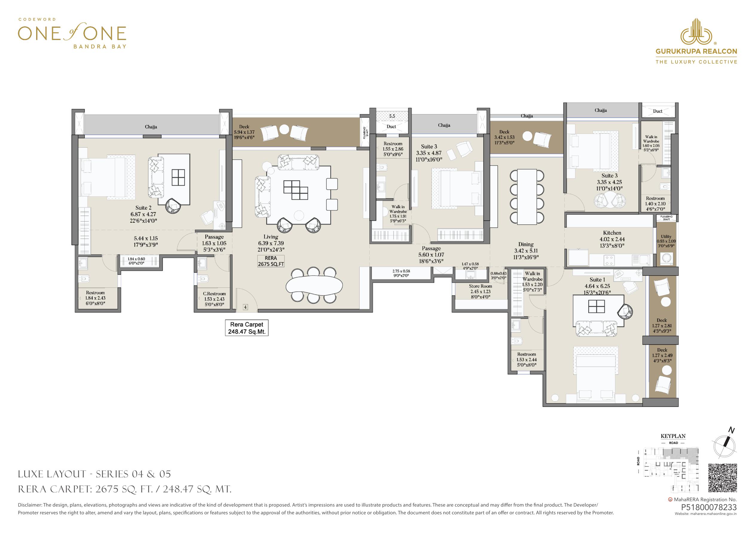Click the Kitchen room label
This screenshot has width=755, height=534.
tap(612, 233)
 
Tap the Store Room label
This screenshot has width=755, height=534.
tap(480, 286)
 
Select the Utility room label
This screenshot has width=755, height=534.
tap(666, 236)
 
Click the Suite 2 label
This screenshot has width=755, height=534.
tap(143, 208)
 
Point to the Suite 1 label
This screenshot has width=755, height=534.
tap(597, 280)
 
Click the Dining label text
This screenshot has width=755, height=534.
tap(526, 244)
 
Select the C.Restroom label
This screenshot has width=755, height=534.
tap(214, 294)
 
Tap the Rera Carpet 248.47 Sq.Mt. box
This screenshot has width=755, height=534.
tap(247, 328)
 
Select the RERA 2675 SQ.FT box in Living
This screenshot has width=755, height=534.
tap(271, 261)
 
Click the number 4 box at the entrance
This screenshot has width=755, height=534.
tap(245, 307)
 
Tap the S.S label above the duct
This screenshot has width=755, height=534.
tap(392, 116)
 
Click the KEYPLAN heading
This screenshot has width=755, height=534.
tap(673, 436)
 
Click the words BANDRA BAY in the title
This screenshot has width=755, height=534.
tap(100, 46)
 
